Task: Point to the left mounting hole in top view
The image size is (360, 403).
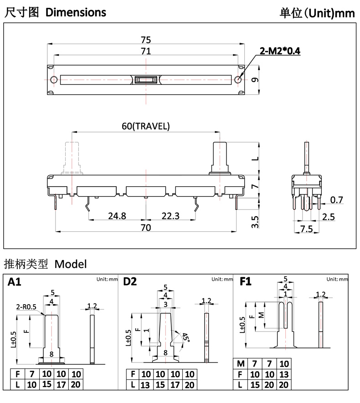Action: tap(54, 80)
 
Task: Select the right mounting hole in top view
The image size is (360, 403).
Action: tap(238, 80)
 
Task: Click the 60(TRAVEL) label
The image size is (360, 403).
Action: tap(145, 126)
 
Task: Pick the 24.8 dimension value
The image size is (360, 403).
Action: tap(117, 215)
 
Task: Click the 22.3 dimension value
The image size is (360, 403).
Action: tap(170, 215)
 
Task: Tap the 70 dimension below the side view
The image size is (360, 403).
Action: tap(145, 227)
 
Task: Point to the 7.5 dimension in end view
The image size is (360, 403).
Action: tap(307, 228)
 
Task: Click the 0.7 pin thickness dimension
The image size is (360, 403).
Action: tap(336, 199)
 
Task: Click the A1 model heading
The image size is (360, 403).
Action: tap(15, 282)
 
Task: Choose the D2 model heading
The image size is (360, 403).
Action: tap(130, 282)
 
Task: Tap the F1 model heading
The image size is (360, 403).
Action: tap(245, 282)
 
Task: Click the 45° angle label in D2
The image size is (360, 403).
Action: tap(185, 337)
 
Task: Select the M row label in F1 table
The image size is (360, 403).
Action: tap(241, 363)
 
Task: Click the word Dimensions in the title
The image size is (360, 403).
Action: tap(76, 12)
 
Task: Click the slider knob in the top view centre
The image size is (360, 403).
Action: tap(146, 80)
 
